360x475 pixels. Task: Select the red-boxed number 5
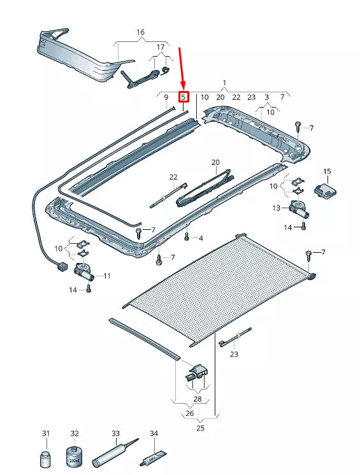click(x=184, y=97)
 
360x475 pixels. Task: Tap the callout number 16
click(x=140, y=32)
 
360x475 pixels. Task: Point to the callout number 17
click(x=161, y=47)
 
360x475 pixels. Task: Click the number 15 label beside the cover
click(x=328, y=171)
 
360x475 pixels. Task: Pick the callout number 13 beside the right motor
click(x=277, y=208)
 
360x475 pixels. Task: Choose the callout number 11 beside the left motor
click(x=106, y=276)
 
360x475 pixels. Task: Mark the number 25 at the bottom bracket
click(x=200, y=428)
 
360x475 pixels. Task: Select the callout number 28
click(x=197, y=399)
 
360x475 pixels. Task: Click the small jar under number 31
click(x=46, y=458)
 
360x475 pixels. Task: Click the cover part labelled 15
click(x=326, y=190)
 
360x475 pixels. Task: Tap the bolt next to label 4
click(x=187, y=237)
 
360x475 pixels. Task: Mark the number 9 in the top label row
click(x=166, y=97)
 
